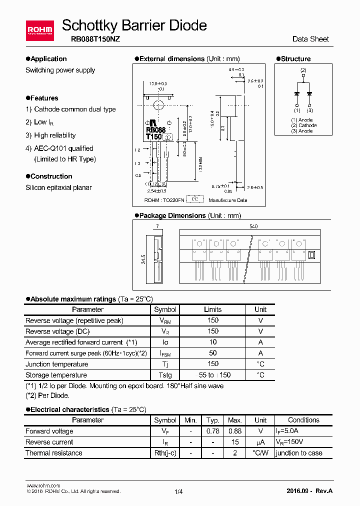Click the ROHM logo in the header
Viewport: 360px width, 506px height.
[39, 30]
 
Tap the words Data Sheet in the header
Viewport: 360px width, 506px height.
[310, 39]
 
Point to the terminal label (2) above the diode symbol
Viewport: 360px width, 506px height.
[303, 70]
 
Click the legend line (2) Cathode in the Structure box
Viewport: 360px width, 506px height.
[304, 125]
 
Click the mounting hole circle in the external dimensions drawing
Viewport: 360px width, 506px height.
[159, 105]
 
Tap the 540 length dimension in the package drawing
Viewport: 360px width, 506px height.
[253, 226]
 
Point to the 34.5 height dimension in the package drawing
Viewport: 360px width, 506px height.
[143, 259]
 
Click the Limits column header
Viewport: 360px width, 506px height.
[212, 309]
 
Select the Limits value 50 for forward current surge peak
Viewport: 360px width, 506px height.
[212, 353]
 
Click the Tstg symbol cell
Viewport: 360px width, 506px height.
[165, 375]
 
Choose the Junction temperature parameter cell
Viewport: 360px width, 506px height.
[57, 364]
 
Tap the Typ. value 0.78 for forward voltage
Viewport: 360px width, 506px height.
[213, 431]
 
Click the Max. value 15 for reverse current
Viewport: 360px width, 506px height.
[234, 442]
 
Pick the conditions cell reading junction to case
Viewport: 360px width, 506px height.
[299, 453]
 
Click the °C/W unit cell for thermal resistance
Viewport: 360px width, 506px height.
[260, 453]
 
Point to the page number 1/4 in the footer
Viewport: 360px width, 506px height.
[179, 491]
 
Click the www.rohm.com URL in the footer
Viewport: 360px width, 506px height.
[43, 485]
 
